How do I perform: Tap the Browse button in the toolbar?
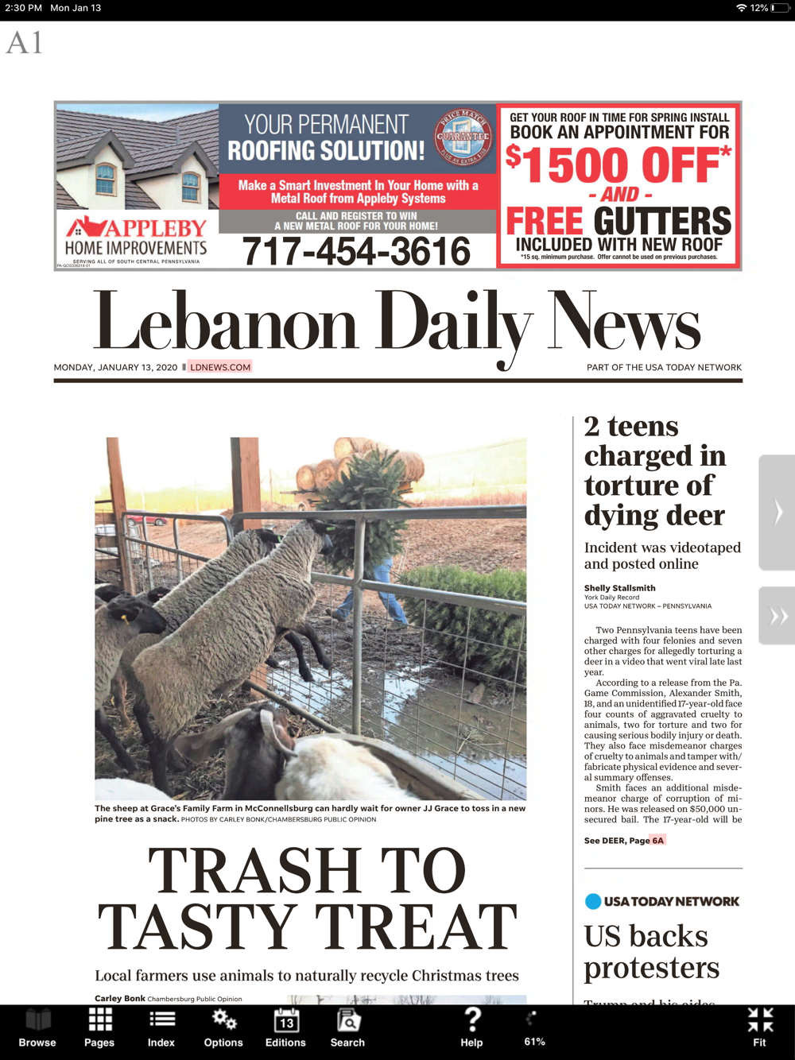click(37, 1027)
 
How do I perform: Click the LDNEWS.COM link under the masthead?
click(220, 367)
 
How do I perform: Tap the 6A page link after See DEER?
click(657, 841)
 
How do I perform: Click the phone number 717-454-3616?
click(356, 252)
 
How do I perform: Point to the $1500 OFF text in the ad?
click(619, 165)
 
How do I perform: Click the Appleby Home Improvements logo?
click(137, 237)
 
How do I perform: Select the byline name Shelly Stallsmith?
click(620, 588)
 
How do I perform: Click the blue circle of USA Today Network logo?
click(593, 901)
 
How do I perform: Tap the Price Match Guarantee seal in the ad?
click(464, 136)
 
